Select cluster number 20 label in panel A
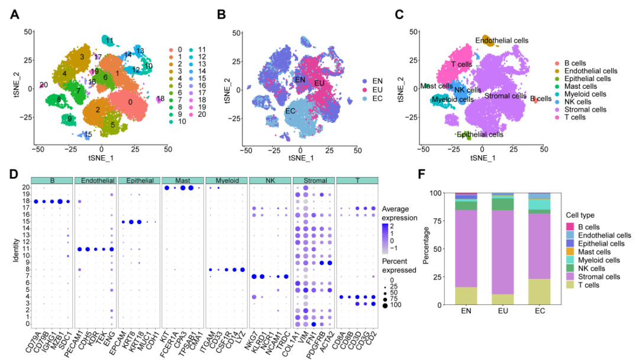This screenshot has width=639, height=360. [x=44, y=85]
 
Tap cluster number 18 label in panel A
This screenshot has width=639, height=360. [x=160, y=98]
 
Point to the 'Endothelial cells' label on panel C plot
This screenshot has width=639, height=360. [x=502, y=40]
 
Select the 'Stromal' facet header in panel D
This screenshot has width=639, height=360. [x=313, y=180]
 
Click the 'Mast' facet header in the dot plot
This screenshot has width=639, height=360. [x=183, y=180]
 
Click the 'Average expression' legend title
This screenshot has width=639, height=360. [x=401, y=213]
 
